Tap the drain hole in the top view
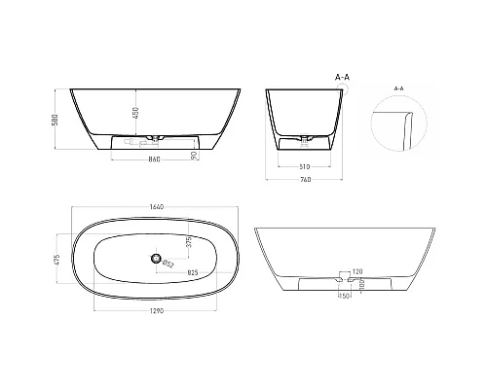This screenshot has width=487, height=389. [153, 258]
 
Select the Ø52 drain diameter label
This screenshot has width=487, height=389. [168, 264]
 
